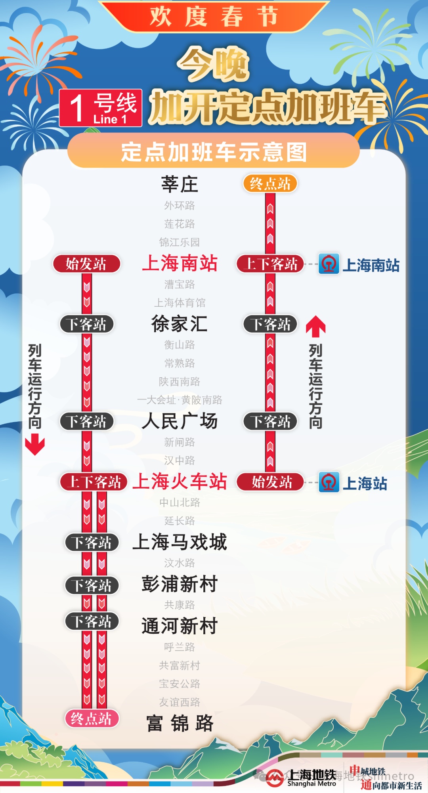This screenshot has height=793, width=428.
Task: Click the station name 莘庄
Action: coord(180,184)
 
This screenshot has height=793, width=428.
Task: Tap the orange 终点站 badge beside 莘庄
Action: coord(270,184)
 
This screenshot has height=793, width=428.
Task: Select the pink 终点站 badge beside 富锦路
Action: coord(92,718)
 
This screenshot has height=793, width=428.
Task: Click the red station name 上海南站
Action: coord(180,264)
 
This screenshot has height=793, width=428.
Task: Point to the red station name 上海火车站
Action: coord(180,482)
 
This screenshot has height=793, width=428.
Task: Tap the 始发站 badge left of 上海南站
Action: coord(86,264)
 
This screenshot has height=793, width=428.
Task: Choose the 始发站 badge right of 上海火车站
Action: coord(270,482)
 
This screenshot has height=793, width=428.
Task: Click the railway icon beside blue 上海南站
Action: coord(329,264)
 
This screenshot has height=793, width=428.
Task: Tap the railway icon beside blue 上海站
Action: coord(329,482)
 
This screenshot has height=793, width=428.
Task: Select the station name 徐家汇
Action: coord(180,324)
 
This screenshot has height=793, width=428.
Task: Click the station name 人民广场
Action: coord(180,421)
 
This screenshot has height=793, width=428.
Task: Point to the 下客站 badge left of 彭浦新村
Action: coord(92,585)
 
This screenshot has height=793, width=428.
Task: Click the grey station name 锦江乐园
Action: coord(180,242)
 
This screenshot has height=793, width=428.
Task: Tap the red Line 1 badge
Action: coord(101,108)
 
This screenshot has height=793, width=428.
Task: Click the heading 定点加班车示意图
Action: coord(214,152)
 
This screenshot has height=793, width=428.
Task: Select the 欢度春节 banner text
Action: coord(214,17)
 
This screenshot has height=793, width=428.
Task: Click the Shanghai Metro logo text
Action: coord(311,778)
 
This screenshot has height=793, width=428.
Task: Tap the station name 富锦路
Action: coord(180,723)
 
